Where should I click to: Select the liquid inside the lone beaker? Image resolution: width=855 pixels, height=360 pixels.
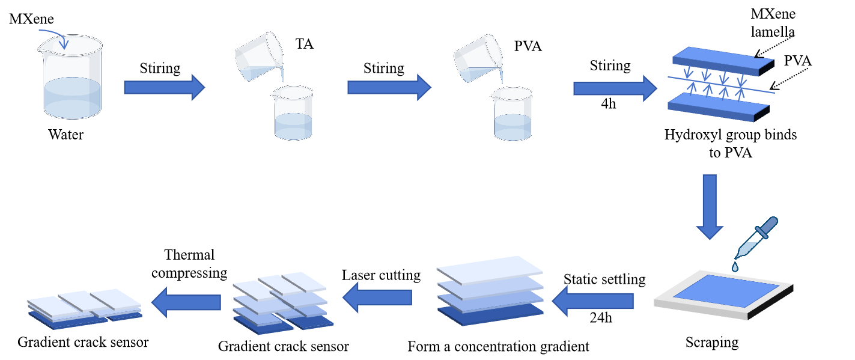tap(72, 96)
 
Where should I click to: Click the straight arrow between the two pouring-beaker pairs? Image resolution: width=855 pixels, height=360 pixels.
tap(388, 88)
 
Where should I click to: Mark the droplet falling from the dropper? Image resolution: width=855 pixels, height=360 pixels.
tap(735, 266)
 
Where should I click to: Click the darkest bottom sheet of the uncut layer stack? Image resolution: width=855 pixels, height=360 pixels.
tap(490, 316)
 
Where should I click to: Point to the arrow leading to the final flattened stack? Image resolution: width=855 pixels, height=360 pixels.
tap(186, 302)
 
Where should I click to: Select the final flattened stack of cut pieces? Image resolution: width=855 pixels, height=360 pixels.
tap(84, 307)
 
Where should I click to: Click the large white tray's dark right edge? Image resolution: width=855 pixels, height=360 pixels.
tap(772, 304)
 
